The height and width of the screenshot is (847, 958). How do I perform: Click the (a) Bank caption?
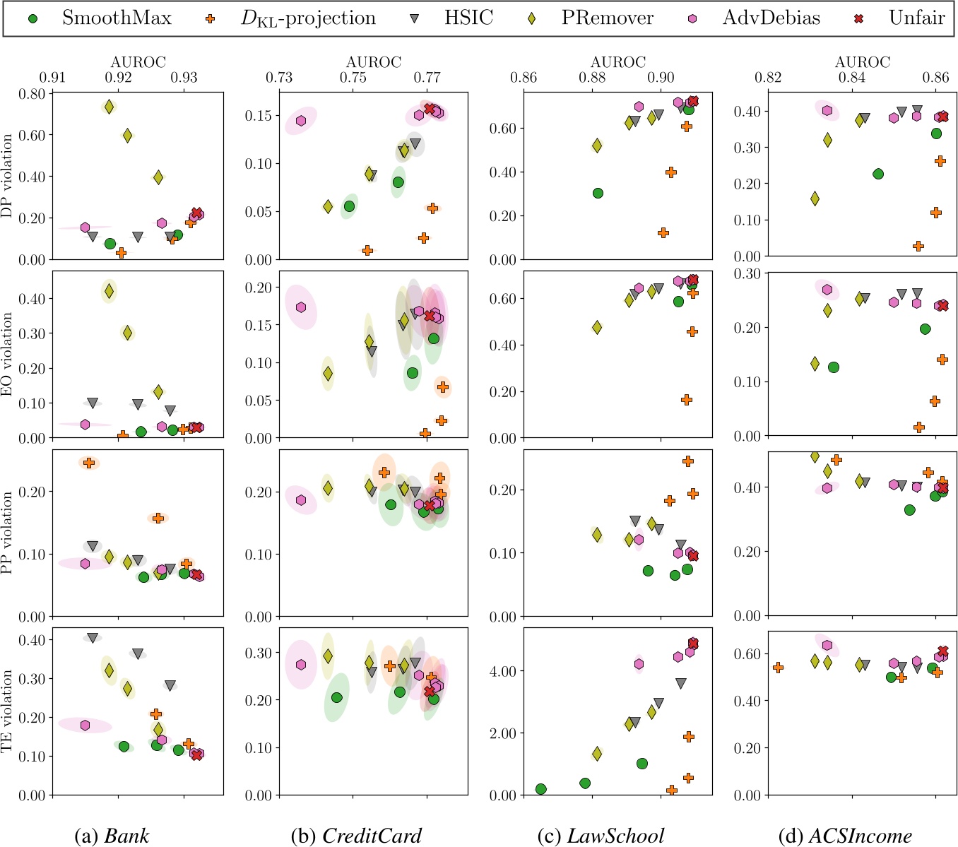click(x=112, y=836)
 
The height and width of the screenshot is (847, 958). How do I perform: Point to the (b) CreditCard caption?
click(x=356, y=836)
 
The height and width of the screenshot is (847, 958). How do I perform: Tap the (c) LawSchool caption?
click(x=601, y=836)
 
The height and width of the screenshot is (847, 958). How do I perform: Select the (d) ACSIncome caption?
click(x=845, y=836)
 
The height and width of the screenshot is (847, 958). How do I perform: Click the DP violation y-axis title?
click(x=8, y=177)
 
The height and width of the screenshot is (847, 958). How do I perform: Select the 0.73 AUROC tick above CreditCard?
click(x=279, y=77)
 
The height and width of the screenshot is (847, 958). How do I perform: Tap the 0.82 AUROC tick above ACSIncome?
click(x=768, y=77)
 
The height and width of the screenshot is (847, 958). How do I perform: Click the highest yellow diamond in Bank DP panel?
click(x=109, y=107)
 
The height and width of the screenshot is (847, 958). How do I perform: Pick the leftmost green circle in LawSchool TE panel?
click(x=541, y=789)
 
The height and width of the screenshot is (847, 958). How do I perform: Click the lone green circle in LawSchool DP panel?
click(x=598, y=193)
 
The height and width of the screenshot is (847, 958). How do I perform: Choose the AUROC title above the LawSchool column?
click(x=618, y=62)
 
